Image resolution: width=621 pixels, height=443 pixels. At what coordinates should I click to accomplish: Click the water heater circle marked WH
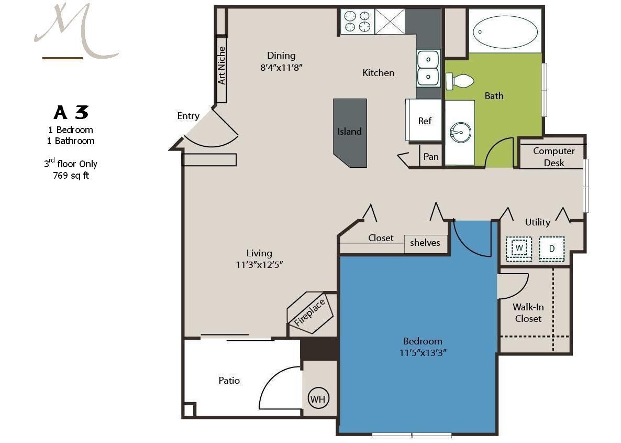[x=318, y=398]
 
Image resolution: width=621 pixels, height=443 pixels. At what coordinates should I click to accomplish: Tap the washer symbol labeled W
[x=519, y=248]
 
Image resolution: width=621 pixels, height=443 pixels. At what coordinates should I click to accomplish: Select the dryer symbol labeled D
[x=552, y=248]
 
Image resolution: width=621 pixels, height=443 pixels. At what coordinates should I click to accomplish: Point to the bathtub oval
[x=505, y=32]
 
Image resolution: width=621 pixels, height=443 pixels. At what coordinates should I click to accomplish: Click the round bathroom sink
[x=460, y=131]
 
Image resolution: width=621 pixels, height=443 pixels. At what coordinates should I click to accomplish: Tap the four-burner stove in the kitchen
[x=357, y=21]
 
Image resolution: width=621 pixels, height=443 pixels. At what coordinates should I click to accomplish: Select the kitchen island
[x=350, y=133]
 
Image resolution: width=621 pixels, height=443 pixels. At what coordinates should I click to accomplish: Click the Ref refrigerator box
[x=424, y=120]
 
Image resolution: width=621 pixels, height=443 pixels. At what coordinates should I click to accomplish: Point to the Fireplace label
[x=309, y=312]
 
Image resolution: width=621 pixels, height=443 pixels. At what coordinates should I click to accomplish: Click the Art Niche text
[x=221, y=66]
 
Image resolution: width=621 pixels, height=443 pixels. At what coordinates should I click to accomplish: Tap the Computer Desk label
[x=553, y=157]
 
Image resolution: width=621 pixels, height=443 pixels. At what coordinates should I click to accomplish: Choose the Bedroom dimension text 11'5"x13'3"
[x=423, y=353]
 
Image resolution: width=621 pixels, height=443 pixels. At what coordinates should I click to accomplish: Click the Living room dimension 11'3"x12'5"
[x=259, y=265]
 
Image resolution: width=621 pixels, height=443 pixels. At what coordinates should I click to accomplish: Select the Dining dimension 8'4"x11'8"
[x=281, y=68]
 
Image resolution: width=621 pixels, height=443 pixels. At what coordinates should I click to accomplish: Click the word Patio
[x=229, y=380]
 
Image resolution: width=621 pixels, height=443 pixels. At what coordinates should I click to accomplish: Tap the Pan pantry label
[x=431, y=157]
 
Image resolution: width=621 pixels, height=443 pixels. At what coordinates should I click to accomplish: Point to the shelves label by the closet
[x=425, y=242]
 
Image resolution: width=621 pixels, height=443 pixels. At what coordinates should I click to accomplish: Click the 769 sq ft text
[x=71, y=175]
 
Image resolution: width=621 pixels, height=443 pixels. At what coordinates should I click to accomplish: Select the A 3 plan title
[x=71, y=112]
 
